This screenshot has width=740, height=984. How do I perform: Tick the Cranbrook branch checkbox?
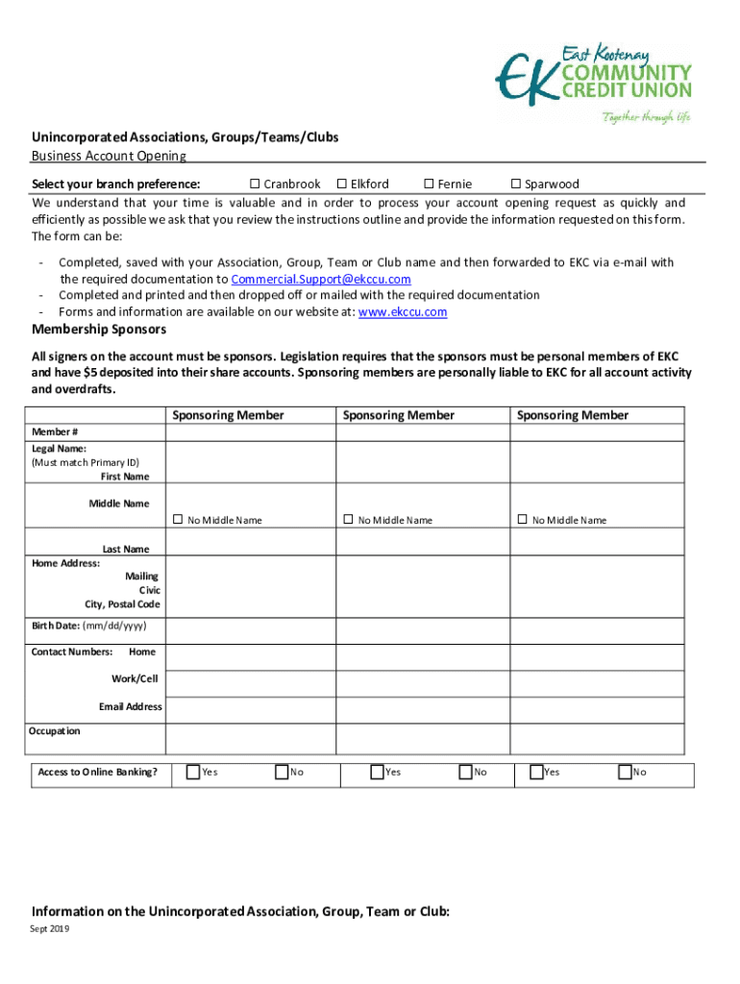256,184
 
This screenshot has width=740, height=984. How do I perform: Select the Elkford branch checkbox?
341,184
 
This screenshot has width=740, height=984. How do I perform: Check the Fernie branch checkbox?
430,184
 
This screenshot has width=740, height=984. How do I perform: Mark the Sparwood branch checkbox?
515,184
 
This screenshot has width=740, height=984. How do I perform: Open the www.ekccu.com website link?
402,311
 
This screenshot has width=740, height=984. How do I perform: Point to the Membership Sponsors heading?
99,330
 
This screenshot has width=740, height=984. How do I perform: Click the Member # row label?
55,431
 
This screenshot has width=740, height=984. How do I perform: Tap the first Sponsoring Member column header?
228,415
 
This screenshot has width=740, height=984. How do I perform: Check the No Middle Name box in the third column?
523,519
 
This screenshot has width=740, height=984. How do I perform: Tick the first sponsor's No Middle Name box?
178,519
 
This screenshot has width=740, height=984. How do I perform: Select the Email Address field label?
131,706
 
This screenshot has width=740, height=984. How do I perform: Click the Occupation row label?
56,731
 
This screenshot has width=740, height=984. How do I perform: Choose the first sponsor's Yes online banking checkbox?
193,771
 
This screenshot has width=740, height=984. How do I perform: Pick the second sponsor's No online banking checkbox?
465,771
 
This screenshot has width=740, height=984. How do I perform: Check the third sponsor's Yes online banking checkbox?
535,771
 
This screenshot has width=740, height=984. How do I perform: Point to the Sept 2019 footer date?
50,929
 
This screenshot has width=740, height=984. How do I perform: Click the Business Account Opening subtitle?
109,156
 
